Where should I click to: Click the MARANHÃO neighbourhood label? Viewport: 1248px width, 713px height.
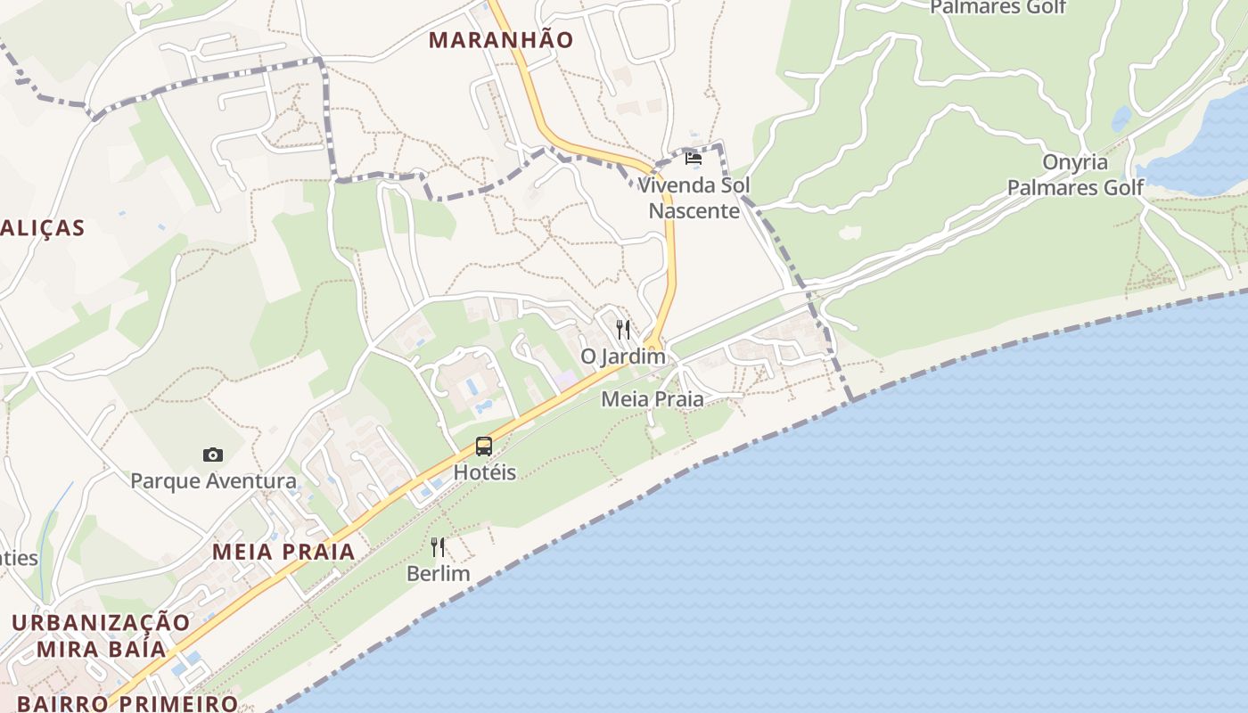(x=500, y=40)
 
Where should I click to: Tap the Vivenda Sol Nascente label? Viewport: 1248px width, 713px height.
(x=694, y=198)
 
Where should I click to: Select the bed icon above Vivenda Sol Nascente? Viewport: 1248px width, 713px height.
(x=694, y=159)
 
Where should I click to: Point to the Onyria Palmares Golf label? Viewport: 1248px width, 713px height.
(x=1075, y=175)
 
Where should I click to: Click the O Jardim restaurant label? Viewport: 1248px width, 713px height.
(x=623, y=356)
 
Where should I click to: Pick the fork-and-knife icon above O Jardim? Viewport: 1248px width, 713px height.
(x=623, y=330)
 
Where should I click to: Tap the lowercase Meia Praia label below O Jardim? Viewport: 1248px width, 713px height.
(x=652, y=399)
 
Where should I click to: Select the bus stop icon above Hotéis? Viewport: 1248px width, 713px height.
(x=484, y=447)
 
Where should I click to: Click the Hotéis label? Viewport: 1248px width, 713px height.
(x=485, y=472)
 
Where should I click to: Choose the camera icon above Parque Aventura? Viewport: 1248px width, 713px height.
(x=212, y=455)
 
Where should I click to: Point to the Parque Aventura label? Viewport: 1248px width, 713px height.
(x=213, y=481)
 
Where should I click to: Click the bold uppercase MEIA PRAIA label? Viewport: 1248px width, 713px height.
(x=283, y=552)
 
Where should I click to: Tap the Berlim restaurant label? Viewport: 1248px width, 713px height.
(x=438, y=573)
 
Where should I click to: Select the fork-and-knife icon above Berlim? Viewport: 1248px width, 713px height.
(x=438, y=546)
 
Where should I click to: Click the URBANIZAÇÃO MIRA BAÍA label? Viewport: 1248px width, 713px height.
(x=102, y=635)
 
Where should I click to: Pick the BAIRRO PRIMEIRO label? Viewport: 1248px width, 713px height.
(x=127, y=703)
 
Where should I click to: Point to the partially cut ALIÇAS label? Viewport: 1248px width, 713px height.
(x=42, y=228)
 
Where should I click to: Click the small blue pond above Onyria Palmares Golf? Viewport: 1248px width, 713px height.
(x=1121, y=119)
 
